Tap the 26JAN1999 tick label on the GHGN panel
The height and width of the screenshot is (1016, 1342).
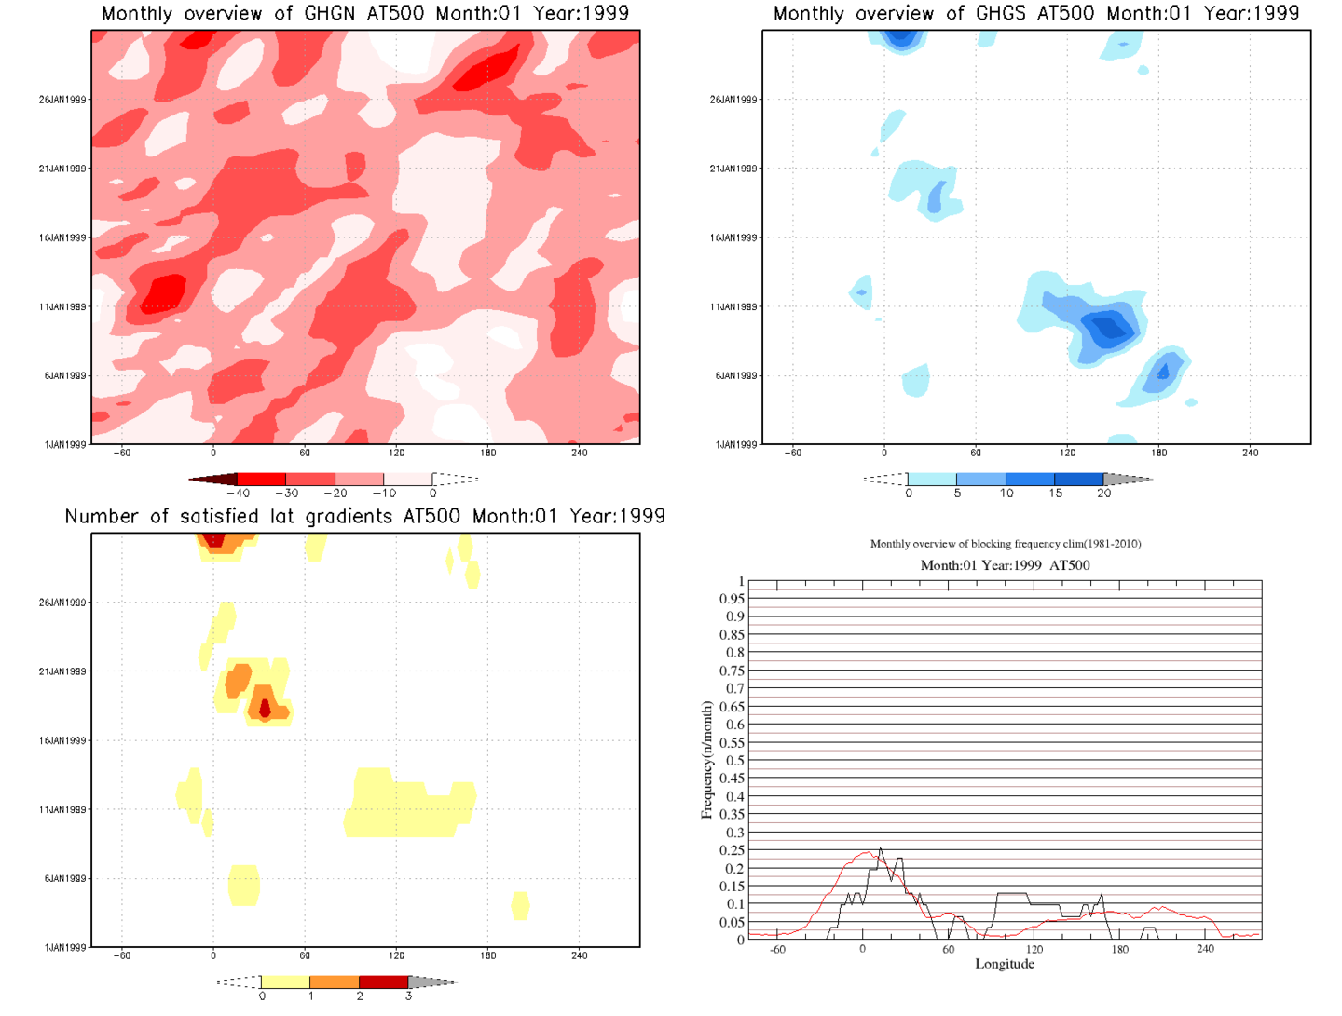click(62, 100)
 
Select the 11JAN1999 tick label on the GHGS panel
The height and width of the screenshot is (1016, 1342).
click(733, 306)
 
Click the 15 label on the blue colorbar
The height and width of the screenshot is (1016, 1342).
click(1055, 494)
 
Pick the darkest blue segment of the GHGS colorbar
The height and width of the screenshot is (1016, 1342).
click(1079, 480)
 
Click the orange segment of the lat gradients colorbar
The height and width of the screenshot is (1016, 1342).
click(335, 982)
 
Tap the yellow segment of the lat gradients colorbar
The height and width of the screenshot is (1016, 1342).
click(285, 982)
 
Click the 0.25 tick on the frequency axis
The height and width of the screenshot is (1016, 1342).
click(732, 850)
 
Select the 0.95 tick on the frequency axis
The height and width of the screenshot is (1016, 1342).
click(732, 599)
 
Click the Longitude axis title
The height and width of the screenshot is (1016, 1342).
click(1005, 964)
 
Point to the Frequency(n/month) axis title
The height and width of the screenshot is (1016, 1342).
click(706, 760)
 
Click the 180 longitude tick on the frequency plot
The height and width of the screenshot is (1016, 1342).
click(1119, 949)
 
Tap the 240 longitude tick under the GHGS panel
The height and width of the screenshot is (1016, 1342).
click(1250, 453)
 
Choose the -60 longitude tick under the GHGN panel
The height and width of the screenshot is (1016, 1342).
click(122, 453)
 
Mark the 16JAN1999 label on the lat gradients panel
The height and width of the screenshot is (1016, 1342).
click(62, 740)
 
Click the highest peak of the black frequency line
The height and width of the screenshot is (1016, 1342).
click(881, 848)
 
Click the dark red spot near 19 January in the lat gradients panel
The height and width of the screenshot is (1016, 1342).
click(265, 710)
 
